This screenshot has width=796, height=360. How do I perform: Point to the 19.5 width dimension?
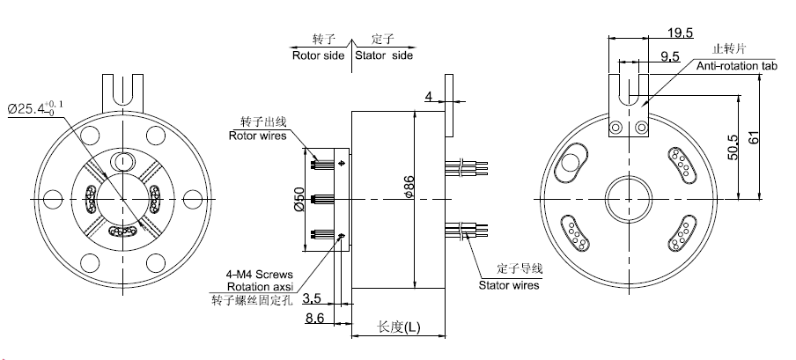tap(679, 34)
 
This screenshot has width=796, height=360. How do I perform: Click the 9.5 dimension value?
tap(670, 57)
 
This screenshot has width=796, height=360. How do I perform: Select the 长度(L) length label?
tap(398, 327)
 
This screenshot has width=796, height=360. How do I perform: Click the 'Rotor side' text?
tap(318, 55)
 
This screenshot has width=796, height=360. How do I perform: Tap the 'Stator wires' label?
tap(509, 284)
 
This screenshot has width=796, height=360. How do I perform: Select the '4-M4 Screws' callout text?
tap(264, 274)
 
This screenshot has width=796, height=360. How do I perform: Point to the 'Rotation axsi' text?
tap(261, 287)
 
